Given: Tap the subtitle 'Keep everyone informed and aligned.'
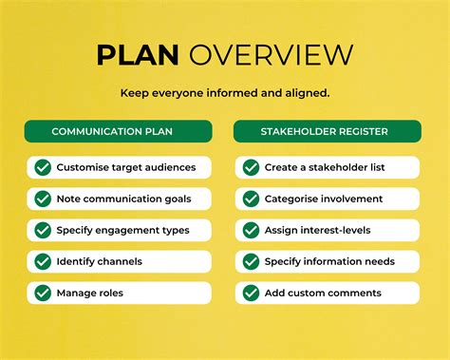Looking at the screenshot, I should (x=225, y=93).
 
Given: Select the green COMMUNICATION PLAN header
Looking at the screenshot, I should (x=119, y=131).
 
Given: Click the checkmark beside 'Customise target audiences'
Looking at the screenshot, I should (x=43, y=167).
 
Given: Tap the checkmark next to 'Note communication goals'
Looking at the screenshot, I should (x=43, y=199).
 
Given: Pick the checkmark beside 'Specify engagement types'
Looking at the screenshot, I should (x=43, y=230).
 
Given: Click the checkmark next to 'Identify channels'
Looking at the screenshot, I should (x=43, y=261).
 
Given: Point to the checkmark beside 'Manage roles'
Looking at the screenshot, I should (x=43, y=293).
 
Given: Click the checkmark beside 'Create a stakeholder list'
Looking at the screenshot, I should (x=251, y=167).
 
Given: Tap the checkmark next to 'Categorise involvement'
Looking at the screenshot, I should (x=251, y=199).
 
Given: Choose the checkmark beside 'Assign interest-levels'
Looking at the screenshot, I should (x=251, y=230).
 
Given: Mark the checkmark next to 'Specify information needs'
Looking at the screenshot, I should (x=251, y=261).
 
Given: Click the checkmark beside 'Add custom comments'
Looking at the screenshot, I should (x=251, y=293).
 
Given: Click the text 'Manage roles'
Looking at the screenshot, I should (x=90, y=293).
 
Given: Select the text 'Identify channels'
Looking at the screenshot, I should (x=100, y=261).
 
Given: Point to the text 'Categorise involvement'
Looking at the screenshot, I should (x=325, y=199).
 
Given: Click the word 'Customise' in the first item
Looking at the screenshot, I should (x=82, y=167).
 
